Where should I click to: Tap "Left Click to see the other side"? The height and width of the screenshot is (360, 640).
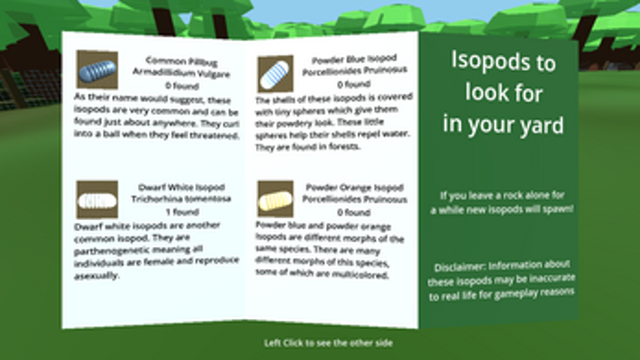[x=328, y=342]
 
